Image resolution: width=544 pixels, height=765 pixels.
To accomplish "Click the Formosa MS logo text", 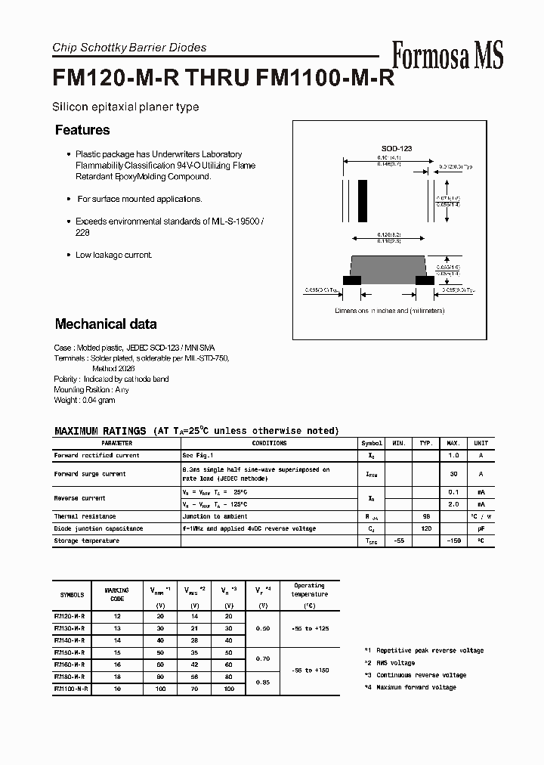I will coord(447,56).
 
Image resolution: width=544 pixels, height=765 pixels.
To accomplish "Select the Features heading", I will coord(82,130).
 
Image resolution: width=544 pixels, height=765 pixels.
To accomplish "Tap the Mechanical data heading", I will coord(106,324).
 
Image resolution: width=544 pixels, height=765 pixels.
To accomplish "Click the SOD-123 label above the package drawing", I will coord(396,149).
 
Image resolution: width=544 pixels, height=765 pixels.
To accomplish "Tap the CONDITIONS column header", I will coord(269,443).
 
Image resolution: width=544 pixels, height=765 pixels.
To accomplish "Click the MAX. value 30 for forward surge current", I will coord(453,474).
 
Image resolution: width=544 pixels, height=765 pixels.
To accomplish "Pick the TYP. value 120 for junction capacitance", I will coord(426,528).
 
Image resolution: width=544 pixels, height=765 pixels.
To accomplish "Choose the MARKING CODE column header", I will coord(117,594).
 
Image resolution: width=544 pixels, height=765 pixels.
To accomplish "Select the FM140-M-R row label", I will coord(70,640).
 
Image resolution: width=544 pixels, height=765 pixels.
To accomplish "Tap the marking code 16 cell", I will coord(117,664).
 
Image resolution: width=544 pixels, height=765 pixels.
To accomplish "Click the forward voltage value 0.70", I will coord(263,658).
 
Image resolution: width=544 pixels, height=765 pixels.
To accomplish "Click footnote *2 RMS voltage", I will coord(389,663).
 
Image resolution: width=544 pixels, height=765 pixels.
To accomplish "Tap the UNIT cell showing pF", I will coord(481,528).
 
